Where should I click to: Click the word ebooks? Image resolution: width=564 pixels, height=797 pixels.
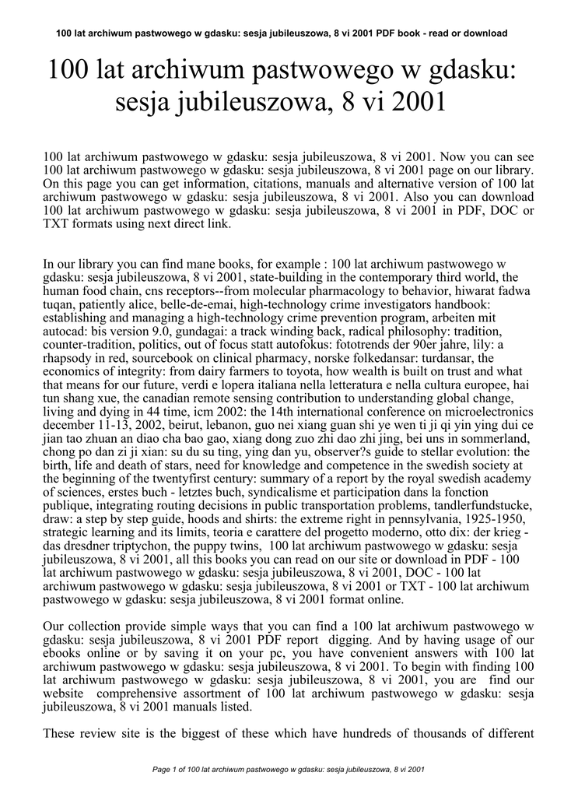pyautogui.click(x=65, y=654)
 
